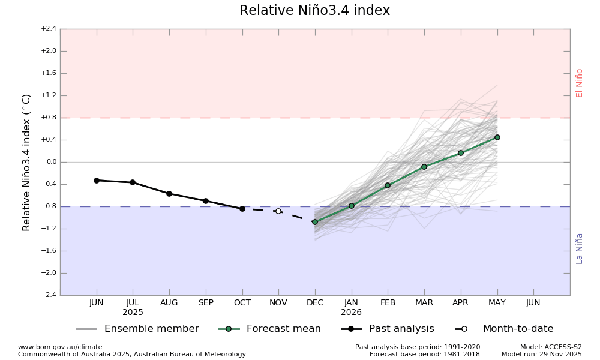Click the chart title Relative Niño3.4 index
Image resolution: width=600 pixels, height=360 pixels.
point(314,11)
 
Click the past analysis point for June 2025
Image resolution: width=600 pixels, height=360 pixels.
point(97,181)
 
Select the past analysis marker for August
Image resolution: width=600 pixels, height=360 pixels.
point(169,194)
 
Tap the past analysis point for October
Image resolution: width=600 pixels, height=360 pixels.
point(242,209)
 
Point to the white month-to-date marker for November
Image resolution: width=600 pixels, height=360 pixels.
point(278,211)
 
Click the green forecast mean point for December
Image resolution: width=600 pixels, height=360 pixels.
point(315,222)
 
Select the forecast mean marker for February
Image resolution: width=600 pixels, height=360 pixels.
point(388,185)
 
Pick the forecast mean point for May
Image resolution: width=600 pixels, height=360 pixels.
point(497,137)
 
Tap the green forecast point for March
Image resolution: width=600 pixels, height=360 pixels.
point(424,167)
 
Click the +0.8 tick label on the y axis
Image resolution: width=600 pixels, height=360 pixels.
point(49,118)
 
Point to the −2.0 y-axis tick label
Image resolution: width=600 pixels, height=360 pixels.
point(49,273)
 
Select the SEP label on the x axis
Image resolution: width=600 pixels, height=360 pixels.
point(206,303)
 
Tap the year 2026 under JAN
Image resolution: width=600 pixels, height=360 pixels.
point(352,313)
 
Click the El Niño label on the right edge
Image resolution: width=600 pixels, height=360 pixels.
point(580,83)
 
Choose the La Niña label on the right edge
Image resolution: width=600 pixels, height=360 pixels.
point(580,248)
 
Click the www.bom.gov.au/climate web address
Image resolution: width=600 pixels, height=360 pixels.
point(60,347)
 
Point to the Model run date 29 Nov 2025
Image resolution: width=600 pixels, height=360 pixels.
point(542,355)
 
